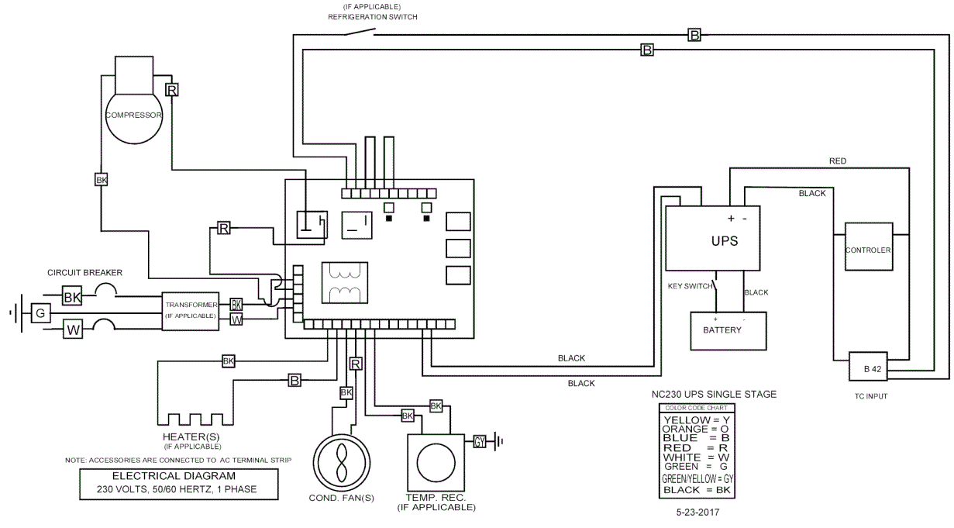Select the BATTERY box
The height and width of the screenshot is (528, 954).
coord(728,330)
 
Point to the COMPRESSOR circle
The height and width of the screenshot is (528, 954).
coord(133,116)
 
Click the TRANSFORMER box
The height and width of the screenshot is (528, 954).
coord(190,312)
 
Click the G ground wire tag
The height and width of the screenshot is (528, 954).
coord(40,313)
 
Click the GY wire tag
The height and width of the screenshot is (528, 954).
coord(480,441)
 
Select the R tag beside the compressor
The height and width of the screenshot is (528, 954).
coord(172,90)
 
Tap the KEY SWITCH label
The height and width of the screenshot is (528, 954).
coord(690,286)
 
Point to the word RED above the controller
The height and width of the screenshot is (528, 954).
coord(838,161)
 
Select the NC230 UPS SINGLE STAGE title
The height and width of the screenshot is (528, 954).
coord(713,395)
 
